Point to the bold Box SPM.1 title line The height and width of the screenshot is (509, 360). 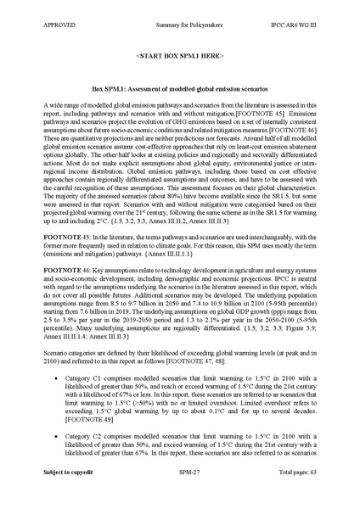179,88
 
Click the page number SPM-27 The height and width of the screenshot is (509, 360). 179,494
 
